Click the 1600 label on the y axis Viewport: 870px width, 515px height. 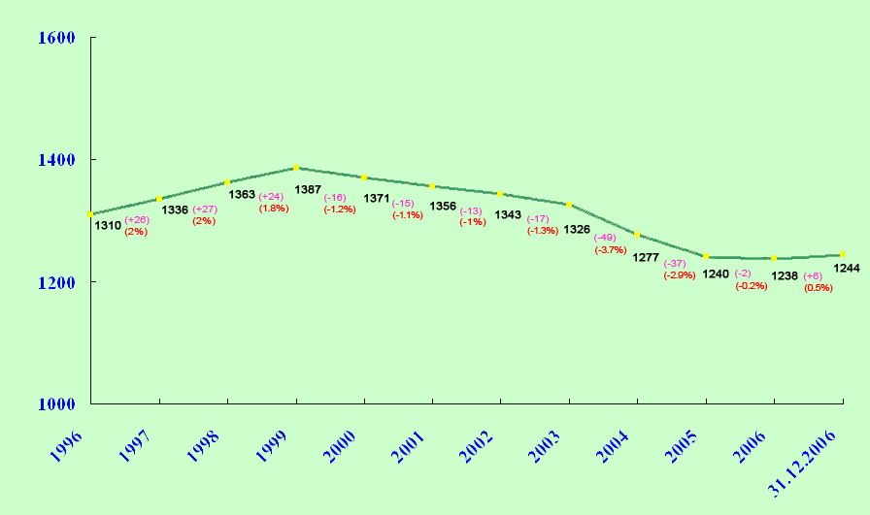[55, 38]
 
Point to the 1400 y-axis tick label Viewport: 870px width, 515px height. [55, 160]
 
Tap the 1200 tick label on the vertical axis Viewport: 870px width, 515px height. [55, 282]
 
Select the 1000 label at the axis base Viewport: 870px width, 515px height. [55, 404]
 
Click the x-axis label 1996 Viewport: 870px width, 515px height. [67, 438]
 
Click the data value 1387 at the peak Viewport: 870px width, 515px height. [308, 189]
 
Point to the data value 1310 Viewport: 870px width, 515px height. [108, 225]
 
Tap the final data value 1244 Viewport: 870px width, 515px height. [847, 268]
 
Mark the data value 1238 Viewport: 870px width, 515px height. [785, 276]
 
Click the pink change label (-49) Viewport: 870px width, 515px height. [605, 238]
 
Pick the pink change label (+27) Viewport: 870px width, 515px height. [205, 209]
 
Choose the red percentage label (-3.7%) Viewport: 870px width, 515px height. [610, 250]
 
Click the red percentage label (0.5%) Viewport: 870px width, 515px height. [819, 287]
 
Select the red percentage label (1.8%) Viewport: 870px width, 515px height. [273, 209]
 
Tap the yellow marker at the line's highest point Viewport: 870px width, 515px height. [295, 168]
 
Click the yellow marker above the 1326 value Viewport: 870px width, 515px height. [569, 205]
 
